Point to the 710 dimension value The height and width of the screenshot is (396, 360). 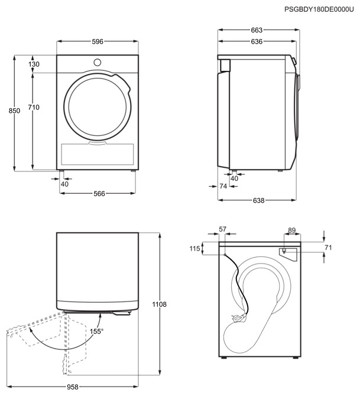34,107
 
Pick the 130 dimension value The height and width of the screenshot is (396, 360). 34,64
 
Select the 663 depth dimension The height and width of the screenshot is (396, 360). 256,30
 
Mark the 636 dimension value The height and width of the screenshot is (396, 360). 256,41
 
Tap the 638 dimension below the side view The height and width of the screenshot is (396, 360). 258,201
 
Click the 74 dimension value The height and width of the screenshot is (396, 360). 223,186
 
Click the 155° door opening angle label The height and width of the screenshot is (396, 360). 96,332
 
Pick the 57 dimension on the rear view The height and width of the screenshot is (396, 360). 223,229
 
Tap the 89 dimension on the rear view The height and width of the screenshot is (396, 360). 292,231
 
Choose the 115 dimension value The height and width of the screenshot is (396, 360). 195,249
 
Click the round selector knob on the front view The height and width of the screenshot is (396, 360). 98,61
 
